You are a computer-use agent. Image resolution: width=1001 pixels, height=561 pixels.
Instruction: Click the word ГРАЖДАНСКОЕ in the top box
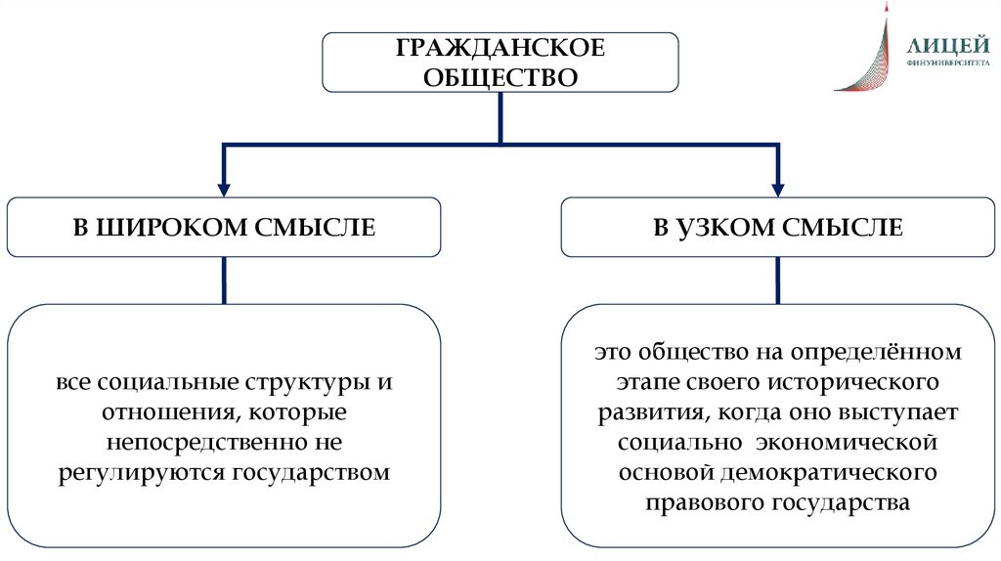(x=500, y=49)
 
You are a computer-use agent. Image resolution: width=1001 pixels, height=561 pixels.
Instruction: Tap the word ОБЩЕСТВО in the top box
(x=500, y=76)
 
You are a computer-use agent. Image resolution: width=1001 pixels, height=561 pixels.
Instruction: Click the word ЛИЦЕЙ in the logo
(x=942, y=45)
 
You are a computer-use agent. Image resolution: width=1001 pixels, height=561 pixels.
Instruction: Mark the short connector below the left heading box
(x=225, y=280)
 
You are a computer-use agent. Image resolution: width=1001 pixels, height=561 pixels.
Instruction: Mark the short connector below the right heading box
(x=779, y=280)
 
